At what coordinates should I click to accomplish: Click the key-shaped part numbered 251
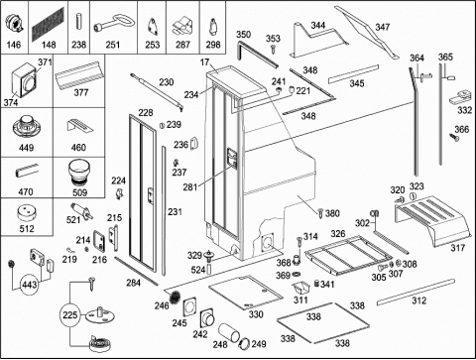(114, 24)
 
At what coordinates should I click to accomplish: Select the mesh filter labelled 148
(49, 24)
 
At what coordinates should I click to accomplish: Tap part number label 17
(204, 61)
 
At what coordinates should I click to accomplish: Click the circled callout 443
(30, 284)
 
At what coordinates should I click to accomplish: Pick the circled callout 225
(69, 314)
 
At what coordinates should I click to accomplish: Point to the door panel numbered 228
(143, 192)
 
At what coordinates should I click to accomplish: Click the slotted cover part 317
(432, 220)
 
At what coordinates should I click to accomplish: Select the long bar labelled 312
(416, 292)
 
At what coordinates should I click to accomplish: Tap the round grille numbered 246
(176, 297)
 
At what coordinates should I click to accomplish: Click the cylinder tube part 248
(229, 333)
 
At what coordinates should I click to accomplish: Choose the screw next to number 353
(274, 49)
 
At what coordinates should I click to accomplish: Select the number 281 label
(190, 187)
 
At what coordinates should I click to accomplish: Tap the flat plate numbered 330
(246, 292)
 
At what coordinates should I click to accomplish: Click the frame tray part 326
(348, 255)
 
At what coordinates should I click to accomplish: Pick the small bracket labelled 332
(460, 96)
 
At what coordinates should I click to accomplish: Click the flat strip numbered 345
(353, 74)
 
